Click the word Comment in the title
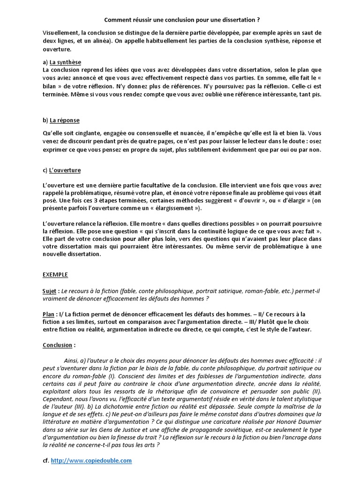tap(117, 21)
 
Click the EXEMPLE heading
tap(55, 275)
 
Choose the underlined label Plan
tap(49, 314)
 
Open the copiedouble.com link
tap(91, 461)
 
